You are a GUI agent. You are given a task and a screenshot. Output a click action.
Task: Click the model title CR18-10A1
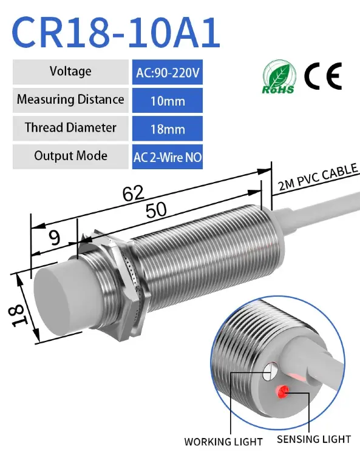(115, 32)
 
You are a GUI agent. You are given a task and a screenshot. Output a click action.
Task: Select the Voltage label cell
(70, 72)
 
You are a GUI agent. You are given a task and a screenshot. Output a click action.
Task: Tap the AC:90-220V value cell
(168, 72)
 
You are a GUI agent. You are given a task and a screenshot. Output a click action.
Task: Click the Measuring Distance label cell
(70, 100)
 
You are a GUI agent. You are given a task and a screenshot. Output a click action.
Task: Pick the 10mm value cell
(168, 100)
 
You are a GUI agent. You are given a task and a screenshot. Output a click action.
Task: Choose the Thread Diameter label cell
(70, 128)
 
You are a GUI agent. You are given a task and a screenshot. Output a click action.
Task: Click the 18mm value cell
(168, 128)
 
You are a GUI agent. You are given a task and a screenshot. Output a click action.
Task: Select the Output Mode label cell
(70, 157)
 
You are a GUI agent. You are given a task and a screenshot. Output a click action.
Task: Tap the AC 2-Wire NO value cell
(168, 157)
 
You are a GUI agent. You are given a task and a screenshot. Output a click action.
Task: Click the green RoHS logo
(279, 77)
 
